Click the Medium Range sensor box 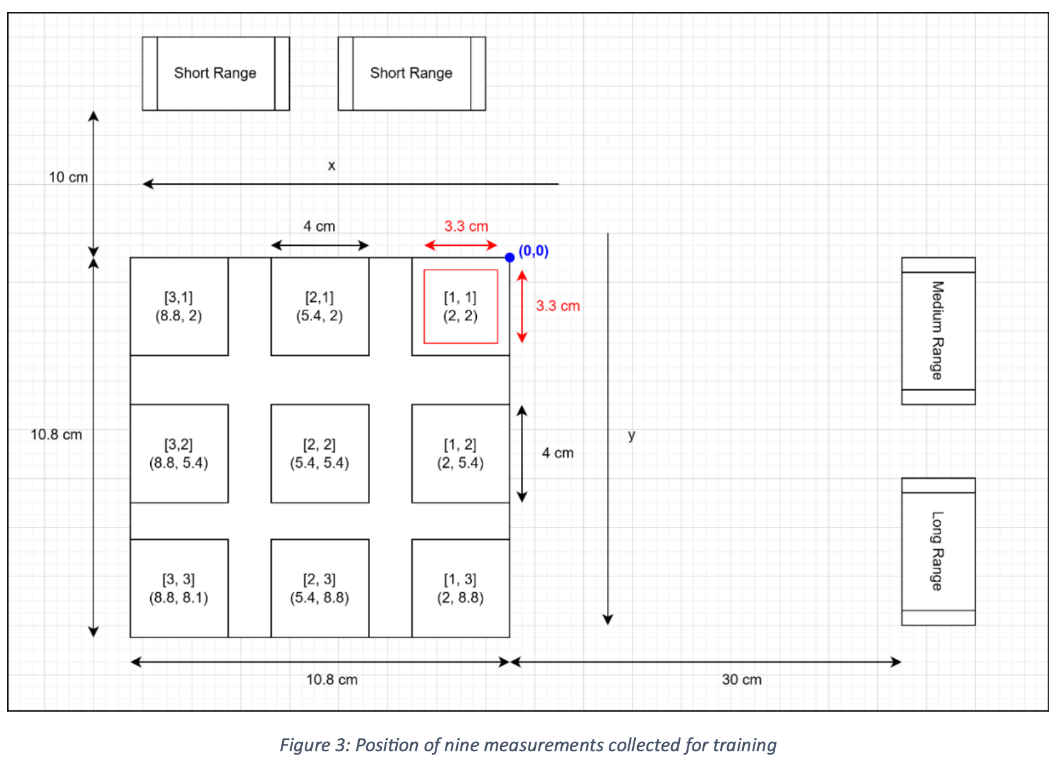coord(937,331)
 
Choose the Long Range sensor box coord(937,551)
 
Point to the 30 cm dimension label coord(741,680)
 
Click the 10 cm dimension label coord(68,177)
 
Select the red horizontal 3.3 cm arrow coord(461,245)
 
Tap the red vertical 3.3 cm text coord(557,306)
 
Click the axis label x coord(332,166)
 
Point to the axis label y coord(631,434)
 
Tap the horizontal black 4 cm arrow coord(319,245)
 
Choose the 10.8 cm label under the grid coord(332,680)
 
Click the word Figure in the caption coord(305,745)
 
